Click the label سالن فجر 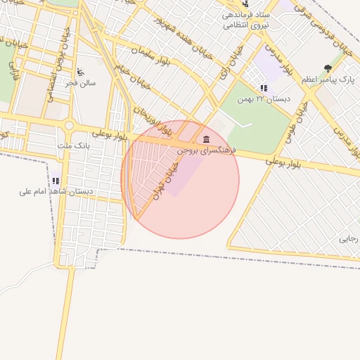pos(81,83)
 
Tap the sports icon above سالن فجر pos(80,71)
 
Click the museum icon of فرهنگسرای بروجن pos(205,139)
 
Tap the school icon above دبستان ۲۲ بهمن pos(264,88)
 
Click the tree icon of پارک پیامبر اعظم pos(328,68)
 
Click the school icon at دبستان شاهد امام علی pos(56,181)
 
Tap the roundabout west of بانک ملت pos(69,126)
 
